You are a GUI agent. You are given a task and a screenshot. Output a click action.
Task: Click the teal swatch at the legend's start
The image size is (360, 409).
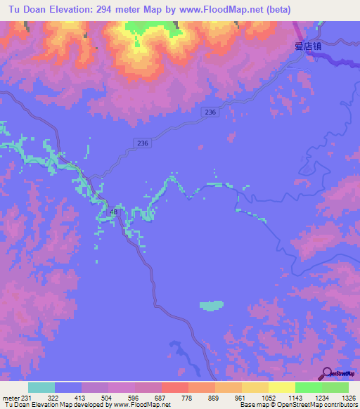[x=41, y=387]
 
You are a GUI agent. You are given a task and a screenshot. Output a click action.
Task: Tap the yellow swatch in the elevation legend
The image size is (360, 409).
[x=282, y=387]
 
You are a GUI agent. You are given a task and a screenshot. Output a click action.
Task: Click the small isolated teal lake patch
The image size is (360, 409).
[x=212, y=305]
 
